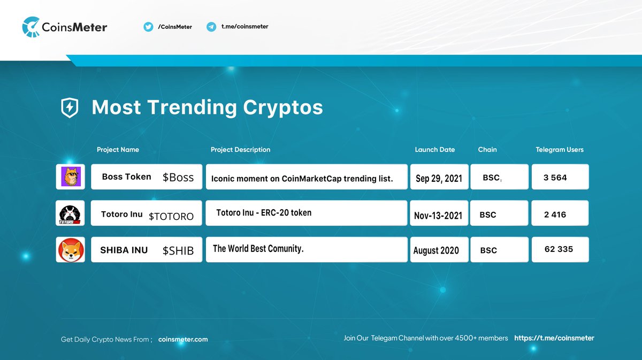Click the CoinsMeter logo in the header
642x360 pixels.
(65, 27)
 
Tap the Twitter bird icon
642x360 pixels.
(148, 27)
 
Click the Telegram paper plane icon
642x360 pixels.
(211, 27)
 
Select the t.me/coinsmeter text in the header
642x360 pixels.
(244, 27)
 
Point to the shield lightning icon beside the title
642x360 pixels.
(69, 108)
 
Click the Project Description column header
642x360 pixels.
(240, 150)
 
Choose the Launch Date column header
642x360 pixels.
(434, 150)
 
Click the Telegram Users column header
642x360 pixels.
(559, 150)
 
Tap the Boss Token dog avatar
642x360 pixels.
(70, 177)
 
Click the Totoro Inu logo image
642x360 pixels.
(70, 213)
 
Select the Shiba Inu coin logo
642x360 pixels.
(70, 250)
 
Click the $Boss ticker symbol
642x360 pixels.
(178, 178)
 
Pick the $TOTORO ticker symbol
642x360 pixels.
(171, 216)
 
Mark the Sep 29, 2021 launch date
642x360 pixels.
(439, 178)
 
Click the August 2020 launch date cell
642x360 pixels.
(436, 250)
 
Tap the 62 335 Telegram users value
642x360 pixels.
(558, 249)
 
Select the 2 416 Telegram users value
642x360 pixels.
(555, 215)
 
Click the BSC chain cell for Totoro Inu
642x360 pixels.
(488, 215)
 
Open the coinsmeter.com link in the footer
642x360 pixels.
(183, 339)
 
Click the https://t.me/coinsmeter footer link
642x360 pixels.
(554, 338)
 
